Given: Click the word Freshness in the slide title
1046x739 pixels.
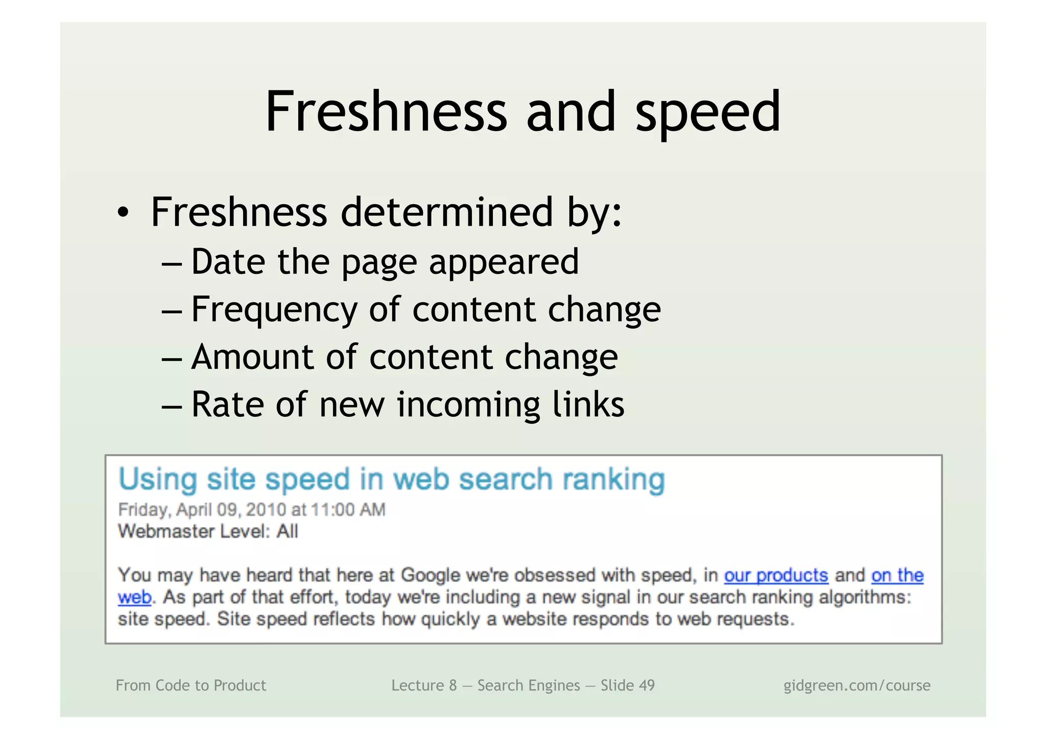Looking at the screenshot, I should pyautogui.click(x=386, y=112).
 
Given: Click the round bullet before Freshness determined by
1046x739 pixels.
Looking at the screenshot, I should pyautogui.click(x=123, y=213).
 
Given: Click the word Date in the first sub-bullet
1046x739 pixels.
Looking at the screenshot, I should pyautogui.click(x=228, y=262).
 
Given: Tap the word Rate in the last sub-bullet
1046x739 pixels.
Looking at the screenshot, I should pyautogui.click(x=228, y=404).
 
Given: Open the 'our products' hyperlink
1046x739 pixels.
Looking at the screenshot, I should pyautogui.click(x=776, y=576).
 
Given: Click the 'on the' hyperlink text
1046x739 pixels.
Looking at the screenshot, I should pyautogui.click(x=897, y=576).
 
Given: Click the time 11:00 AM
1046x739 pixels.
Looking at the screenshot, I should pyautogui.click(x=348, y=510).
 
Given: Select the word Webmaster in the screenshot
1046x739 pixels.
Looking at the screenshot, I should pyautogui.click(x=165, y=532).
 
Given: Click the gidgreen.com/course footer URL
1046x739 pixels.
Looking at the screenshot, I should pyautogui.click(x=857, y=685).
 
